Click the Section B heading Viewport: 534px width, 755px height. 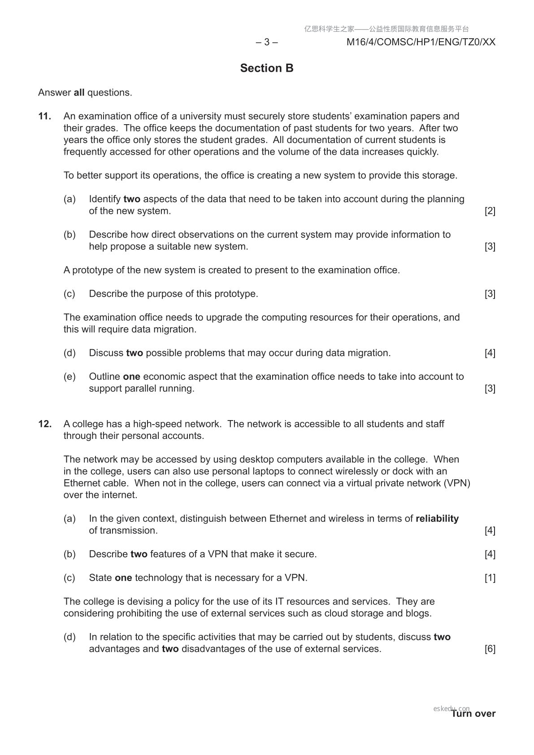pyautogui.click(x=267, y=68)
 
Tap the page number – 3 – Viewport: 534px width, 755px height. pyautogui.click(x=267, y=42)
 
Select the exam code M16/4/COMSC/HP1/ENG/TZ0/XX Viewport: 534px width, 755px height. pyautogui.click(x=421, y=42)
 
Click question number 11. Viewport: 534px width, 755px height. pyautogui.click(x=44, y=116)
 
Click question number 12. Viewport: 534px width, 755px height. pyautogui.click(x=44, y=424)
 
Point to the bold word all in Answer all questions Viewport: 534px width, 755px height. pyautogui.click(x=79, y=93)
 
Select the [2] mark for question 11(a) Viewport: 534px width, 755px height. pyautogui.click(x=490, y=211)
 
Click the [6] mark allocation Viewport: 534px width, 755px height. pyautogui.click(x=490, y=649)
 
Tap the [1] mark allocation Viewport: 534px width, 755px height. pyautogui.click(x=490, y=578)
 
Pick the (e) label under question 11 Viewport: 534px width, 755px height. pyautogui.click(x=69, y=377)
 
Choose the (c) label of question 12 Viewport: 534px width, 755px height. pyautogui.click(x=69, y=578)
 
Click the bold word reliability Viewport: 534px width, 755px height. pyautogui.click(x=437, y=519)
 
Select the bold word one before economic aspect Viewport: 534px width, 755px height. pyautogui.click(x=131, y=377)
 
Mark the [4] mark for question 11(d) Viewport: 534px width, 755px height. pyautogui.click(x=490, y=353)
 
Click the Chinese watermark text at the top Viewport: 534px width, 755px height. pyautogui.click(x=386, y=29)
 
